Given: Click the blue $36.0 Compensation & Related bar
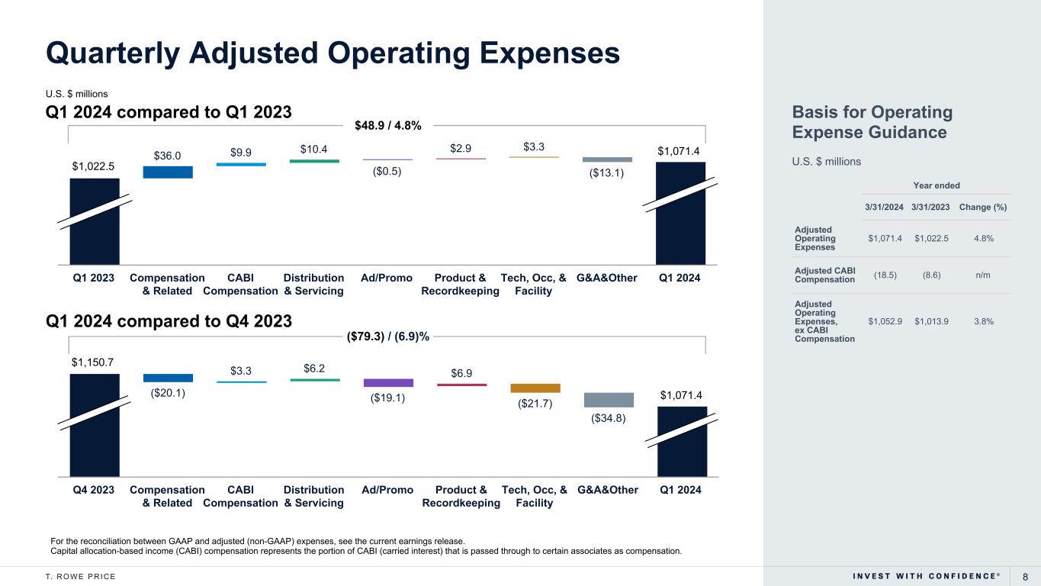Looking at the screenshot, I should tap(168, 172).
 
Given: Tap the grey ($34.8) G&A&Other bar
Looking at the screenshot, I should tap(609, 400).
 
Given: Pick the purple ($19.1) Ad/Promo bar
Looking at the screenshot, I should tap(388, 383).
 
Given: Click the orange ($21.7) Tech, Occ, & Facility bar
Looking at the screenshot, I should tap(535, 388).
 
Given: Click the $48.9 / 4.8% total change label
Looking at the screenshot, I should tap(388, 125).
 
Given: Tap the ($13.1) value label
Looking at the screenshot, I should tap(608, 172).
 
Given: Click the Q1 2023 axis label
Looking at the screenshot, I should tap(94, 278).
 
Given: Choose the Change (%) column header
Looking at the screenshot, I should tap(984, 206).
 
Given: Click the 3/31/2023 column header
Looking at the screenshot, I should tap(930, 206).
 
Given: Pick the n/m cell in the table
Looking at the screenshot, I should tap(984, 275).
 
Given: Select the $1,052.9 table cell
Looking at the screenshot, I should tap(885, 321).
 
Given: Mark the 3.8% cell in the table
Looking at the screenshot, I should tap(984, 321).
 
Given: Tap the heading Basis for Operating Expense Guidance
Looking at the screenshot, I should tap(872, 123).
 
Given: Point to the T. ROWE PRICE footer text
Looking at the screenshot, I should tap(80, 576).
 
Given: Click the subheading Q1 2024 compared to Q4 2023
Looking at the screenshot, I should tap(169, 322).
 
